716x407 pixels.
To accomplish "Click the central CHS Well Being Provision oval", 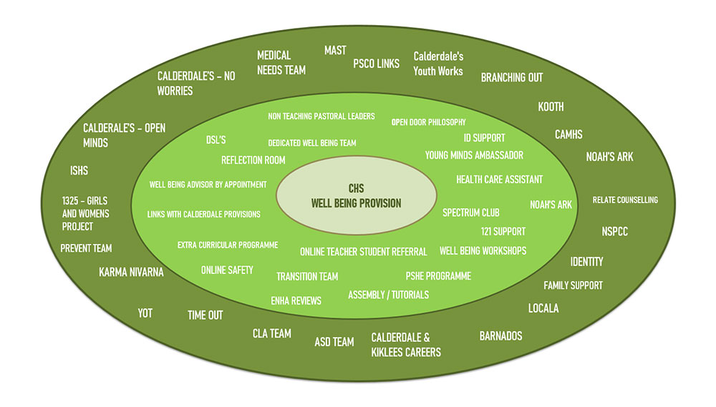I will click(x=356, y=196).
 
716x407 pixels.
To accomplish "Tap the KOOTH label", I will click(x=551, y=107).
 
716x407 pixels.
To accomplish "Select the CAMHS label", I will click(x=569, y=134).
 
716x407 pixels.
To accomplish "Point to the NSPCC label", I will click(x=614, y=231).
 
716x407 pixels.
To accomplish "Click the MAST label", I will click(x=335, y=50).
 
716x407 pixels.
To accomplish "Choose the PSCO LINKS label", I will click(x=376, y=64).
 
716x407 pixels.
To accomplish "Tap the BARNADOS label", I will click(x=500, y=335).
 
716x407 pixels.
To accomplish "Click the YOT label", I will click(x=145, y=313).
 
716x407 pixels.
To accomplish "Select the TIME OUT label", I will click(x=205, y=315).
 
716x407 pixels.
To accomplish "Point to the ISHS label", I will click(x=79, y=171).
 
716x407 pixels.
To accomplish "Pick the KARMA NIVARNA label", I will click(x=131, y=272).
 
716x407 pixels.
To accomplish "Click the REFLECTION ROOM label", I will click(x=253, y=160).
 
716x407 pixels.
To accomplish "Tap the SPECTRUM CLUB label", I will click(x=470, y=212).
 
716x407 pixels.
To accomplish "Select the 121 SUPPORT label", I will click(x=503, y=232).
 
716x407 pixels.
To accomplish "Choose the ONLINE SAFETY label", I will click(x=227, y=270).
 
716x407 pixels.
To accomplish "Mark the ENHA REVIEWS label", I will click(x=296, y=300).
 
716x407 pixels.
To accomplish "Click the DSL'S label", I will click(x=216, y=140).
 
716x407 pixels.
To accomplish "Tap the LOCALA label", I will click(x=543, y=308).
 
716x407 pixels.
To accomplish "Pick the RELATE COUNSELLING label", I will click(x=625, y=200).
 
